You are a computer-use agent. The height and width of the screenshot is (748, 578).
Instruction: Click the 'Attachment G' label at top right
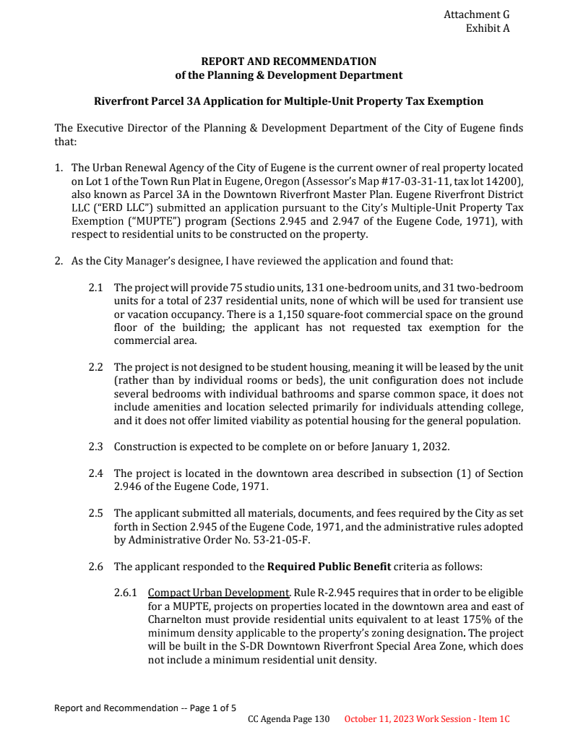[x=476, y=14]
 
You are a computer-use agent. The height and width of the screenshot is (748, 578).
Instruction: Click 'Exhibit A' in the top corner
[x=488, y=29]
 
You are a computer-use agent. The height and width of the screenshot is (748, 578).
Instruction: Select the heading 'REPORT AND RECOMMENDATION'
[x=288, y=61]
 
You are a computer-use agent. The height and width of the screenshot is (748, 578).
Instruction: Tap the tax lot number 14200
[x=506, y=181]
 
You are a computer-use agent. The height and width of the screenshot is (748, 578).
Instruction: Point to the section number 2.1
[x=96, y=288]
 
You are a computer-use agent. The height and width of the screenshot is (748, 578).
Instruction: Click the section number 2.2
[x=96, y=367]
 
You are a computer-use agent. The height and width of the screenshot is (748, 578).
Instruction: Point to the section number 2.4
[x=96, y=473]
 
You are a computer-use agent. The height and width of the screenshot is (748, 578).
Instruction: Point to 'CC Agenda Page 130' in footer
[x=288, y=720]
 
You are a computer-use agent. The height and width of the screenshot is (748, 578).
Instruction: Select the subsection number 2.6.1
[x=126, y=593]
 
